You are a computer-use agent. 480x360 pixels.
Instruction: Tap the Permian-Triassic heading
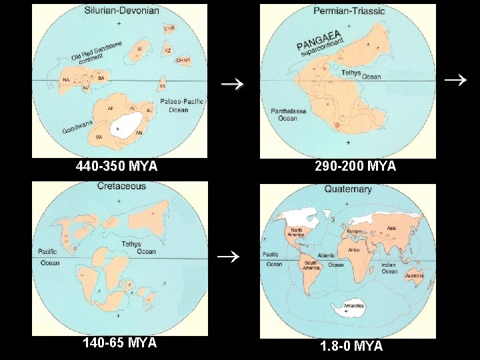coord(347,11)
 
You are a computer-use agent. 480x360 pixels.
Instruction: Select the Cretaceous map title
coord(121,186)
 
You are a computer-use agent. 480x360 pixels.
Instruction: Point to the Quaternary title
coord(347,189)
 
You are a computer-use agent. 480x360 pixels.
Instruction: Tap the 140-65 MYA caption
coord(119,343)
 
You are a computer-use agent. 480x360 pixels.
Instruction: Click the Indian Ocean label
coord(389,268)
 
